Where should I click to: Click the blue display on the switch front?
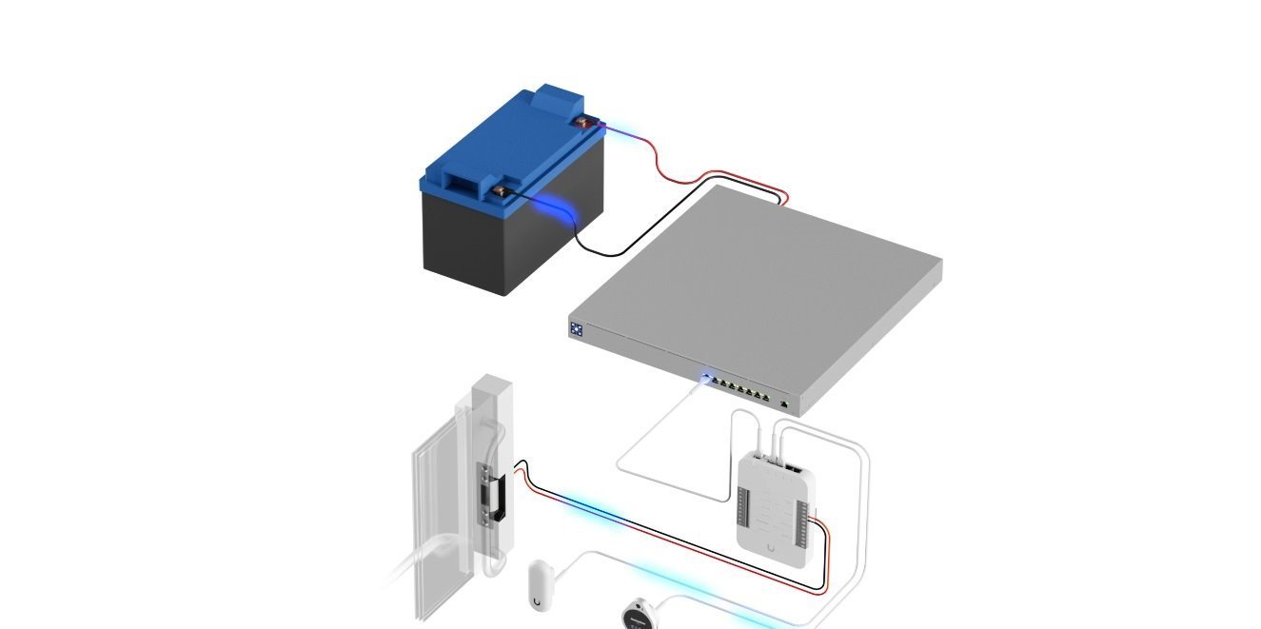pyautogui.click(x=577, y=329)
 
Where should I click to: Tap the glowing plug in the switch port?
pyautogui.click(x=705, y=378)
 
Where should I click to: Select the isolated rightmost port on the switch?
pyautogui.click(x=782, y=404)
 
